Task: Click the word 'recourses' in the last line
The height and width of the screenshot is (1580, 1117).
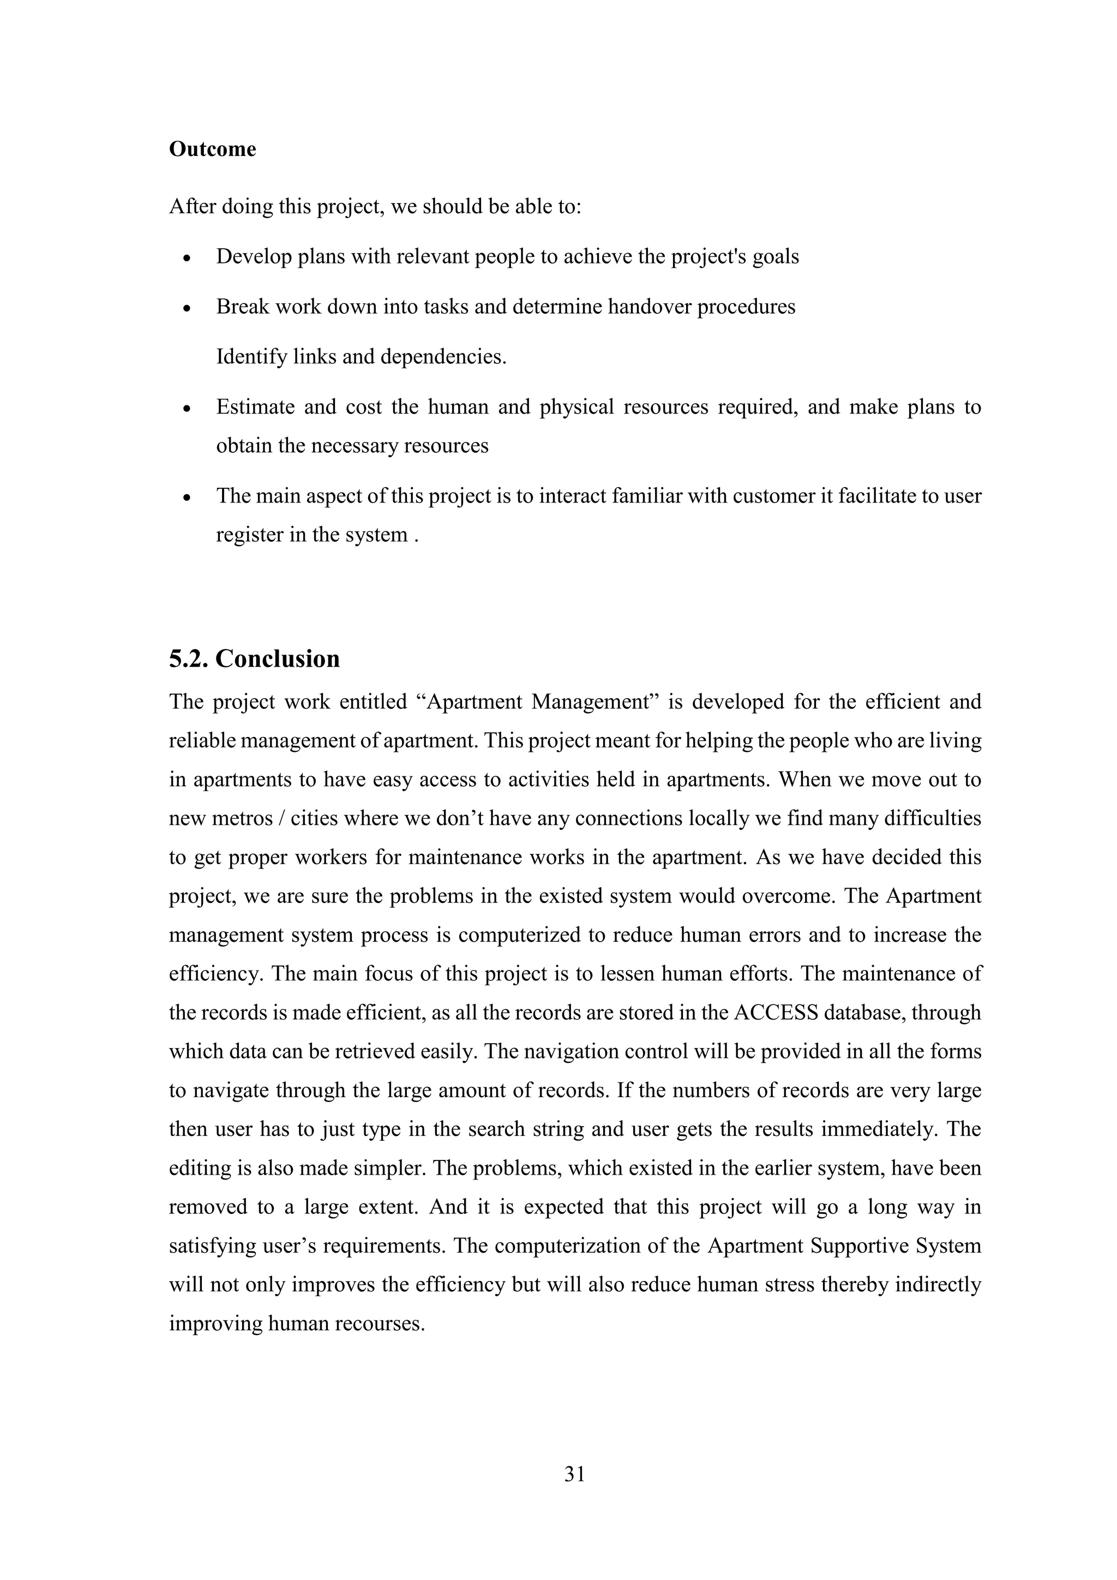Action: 379,1324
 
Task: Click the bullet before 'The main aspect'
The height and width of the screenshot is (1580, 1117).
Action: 187,498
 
